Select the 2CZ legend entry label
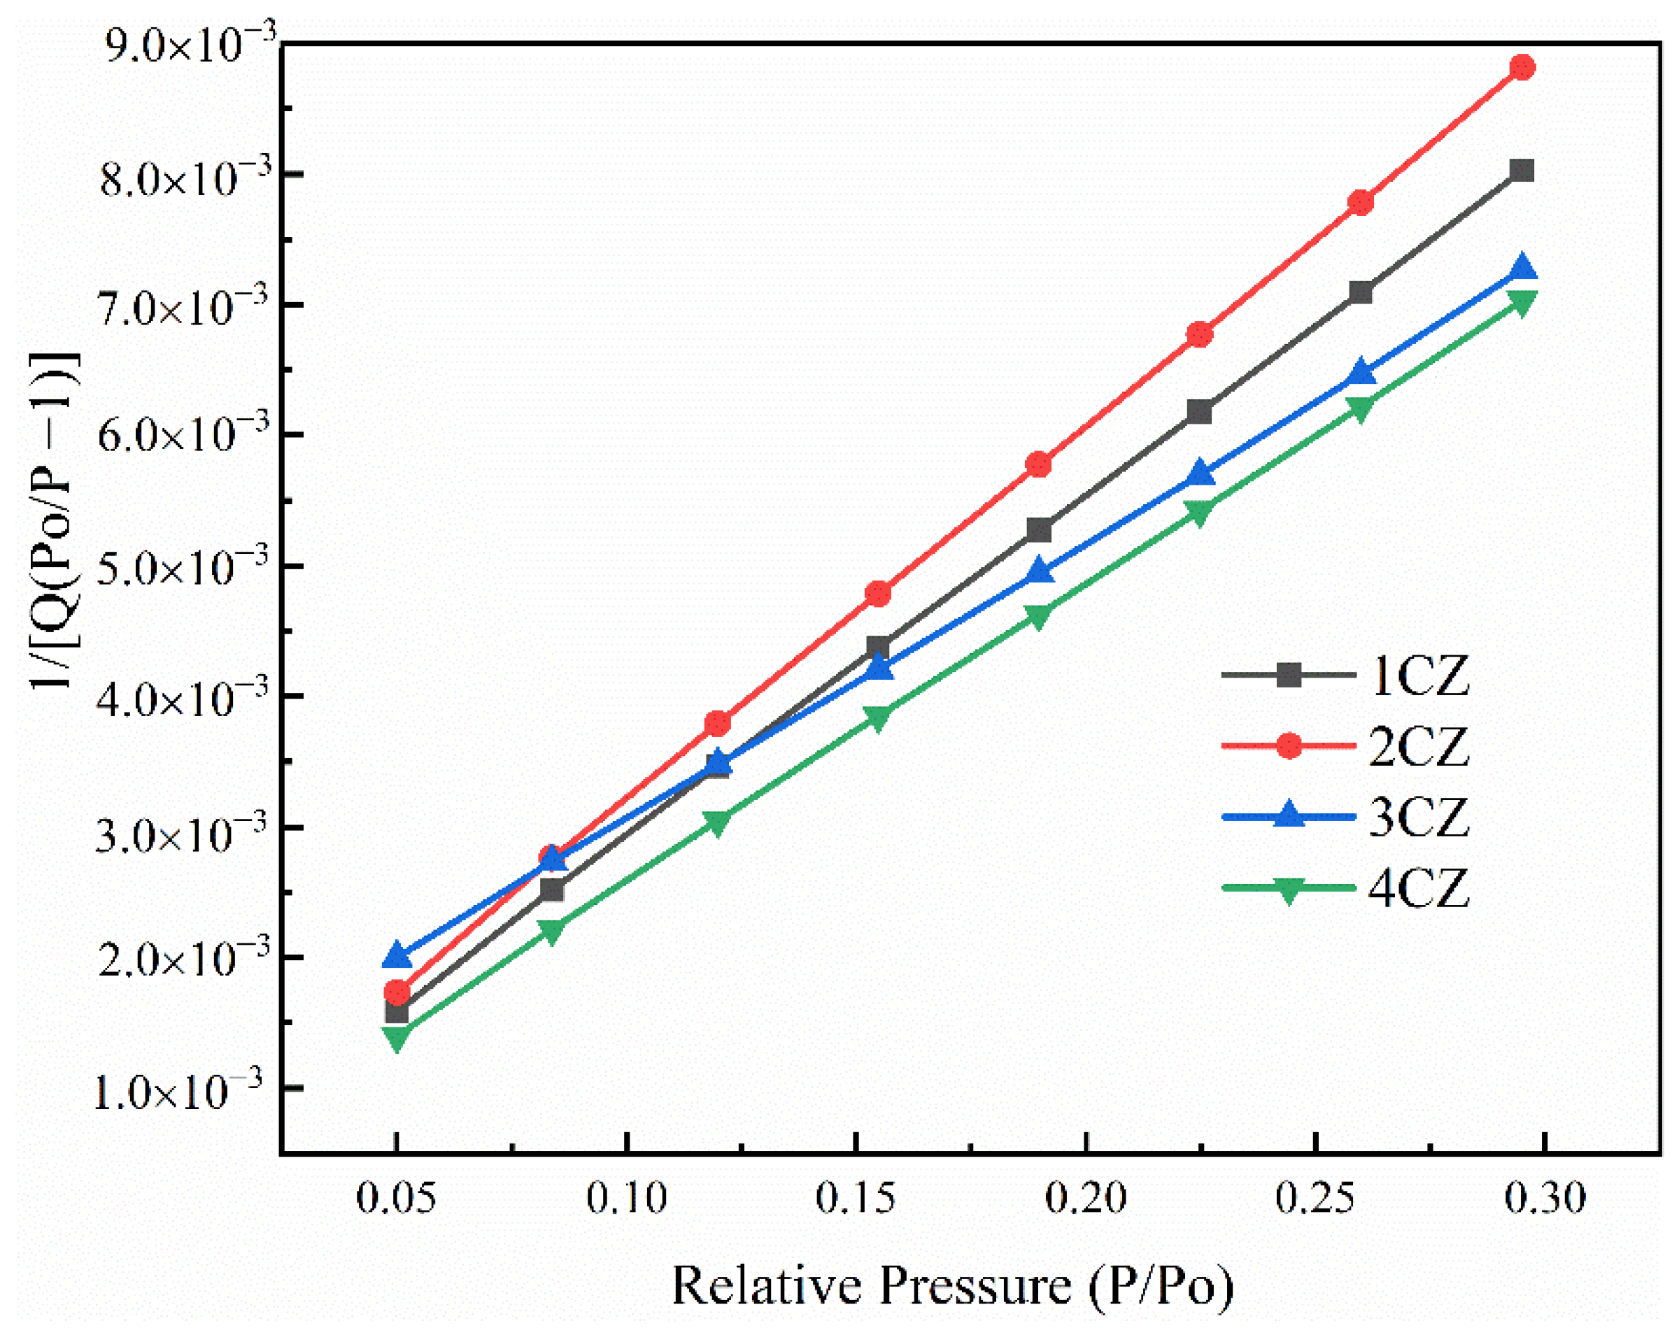tap(1419, 745)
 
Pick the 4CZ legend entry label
tap(1419, 887)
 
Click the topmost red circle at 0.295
tap(1522, 68)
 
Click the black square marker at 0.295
tap(1522, 170)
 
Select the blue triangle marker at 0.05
tap(397, 955)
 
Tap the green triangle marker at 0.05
tap(397, 1037)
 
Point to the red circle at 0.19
tap(1039, 465)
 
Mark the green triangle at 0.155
tap(878, 717)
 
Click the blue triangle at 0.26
tap(1361, 371)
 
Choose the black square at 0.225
tap(1200, 411)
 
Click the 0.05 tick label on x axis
tap(396, 1198)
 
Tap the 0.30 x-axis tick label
tap(1545, 1198)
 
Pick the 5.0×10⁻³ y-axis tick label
tap(183, 567)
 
